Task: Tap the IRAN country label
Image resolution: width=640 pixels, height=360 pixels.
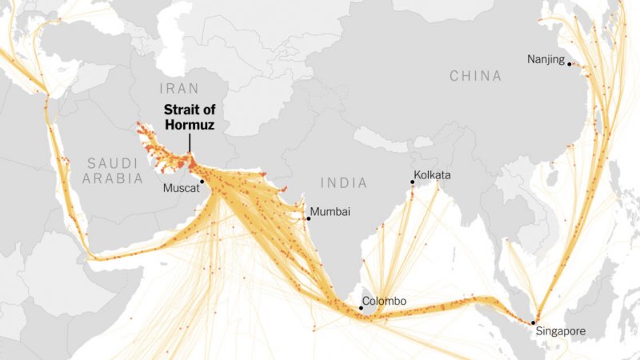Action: (x=178, y=89)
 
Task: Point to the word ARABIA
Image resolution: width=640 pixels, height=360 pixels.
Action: (x=114, y=178)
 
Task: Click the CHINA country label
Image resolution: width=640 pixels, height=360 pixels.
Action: (x=475, y=76)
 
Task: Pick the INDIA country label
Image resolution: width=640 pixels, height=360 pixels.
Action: (x=344, y=183)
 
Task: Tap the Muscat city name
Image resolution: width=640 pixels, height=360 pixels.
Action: (x=180, y=190)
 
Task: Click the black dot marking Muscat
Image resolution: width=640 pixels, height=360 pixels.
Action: (x=202, y=182)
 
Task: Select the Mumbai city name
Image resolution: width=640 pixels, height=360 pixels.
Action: (x=330, y=212)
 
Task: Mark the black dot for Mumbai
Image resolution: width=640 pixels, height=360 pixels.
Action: (x=308, y=218)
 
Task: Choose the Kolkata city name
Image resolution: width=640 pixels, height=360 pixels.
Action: (x=432, y=174)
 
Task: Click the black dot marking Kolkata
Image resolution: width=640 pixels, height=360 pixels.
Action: (x=412, y=182)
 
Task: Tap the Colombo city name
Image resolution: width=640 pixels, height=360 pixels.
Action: (x=384, y=302)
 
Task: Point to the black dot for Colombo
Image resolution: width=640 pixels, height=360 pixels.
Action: (x=359, y=308)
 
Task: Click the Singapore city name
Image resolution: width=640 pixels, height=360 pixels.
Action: (x=560, y=331)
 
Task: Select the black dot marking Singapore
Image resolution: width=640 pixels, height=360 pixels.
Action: (x=533, y=322)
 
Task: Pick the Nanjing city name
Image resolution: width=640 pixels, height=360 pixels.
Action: (x=546, y=59)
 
